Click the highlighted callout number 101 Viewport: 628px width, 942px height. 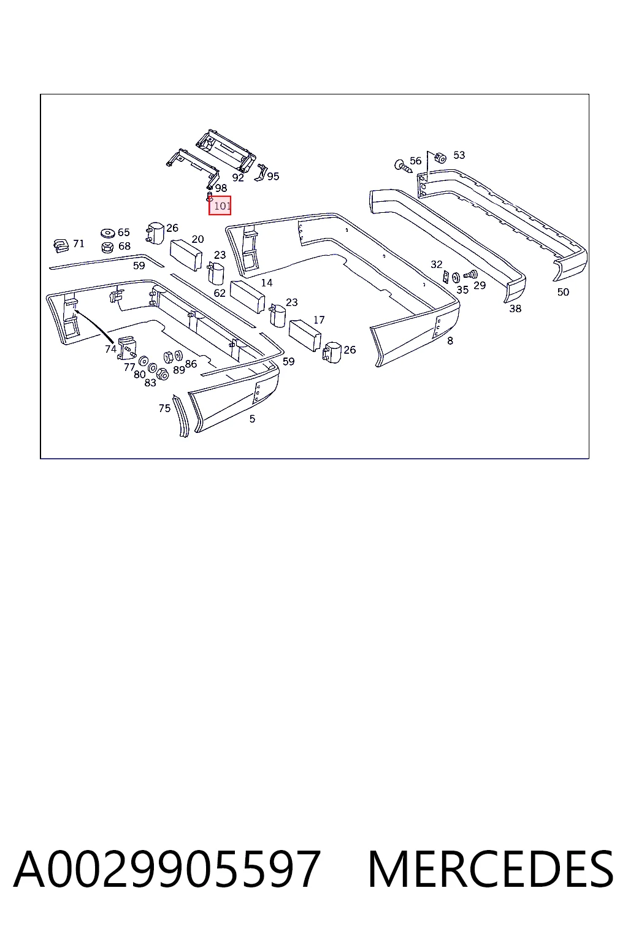(x=220, y=205)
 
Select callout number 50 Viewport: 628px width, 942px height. (x=563, y=292)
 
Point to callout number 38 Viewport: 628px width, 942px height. (x=515, y=308)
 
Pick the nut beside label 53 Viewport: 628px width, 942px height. (x=440, y=158)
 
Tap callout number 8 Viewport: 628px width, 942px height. (x=450, y=340)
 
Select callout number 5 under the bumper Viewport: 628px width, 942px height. (x=252, y=418)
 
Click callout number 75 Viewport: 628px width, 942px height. (x=164, y=408)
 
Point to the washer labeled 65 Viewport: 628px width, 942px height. (x=108, y=232)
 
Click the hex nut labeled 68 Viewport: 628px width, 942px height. (x=108, y=247)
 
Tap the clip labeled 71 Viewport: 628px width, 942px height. (x=61, y=245)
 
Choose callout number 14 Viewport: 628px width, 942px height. (x=267, y=283)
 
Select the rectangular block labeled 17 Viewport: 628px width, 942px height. (x=305, y=335)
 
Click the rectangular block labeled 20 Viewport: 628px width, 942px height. (x=185, y=255)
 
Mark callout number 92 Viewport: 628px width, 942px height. (x=238, y=177)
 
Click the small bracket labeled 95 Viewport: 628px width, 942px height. (x=261, y=172)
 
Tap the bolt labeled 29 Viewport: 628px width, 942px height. (x=470, y=275)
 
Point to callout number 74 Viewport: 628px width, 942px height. (x=110, y=348)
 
